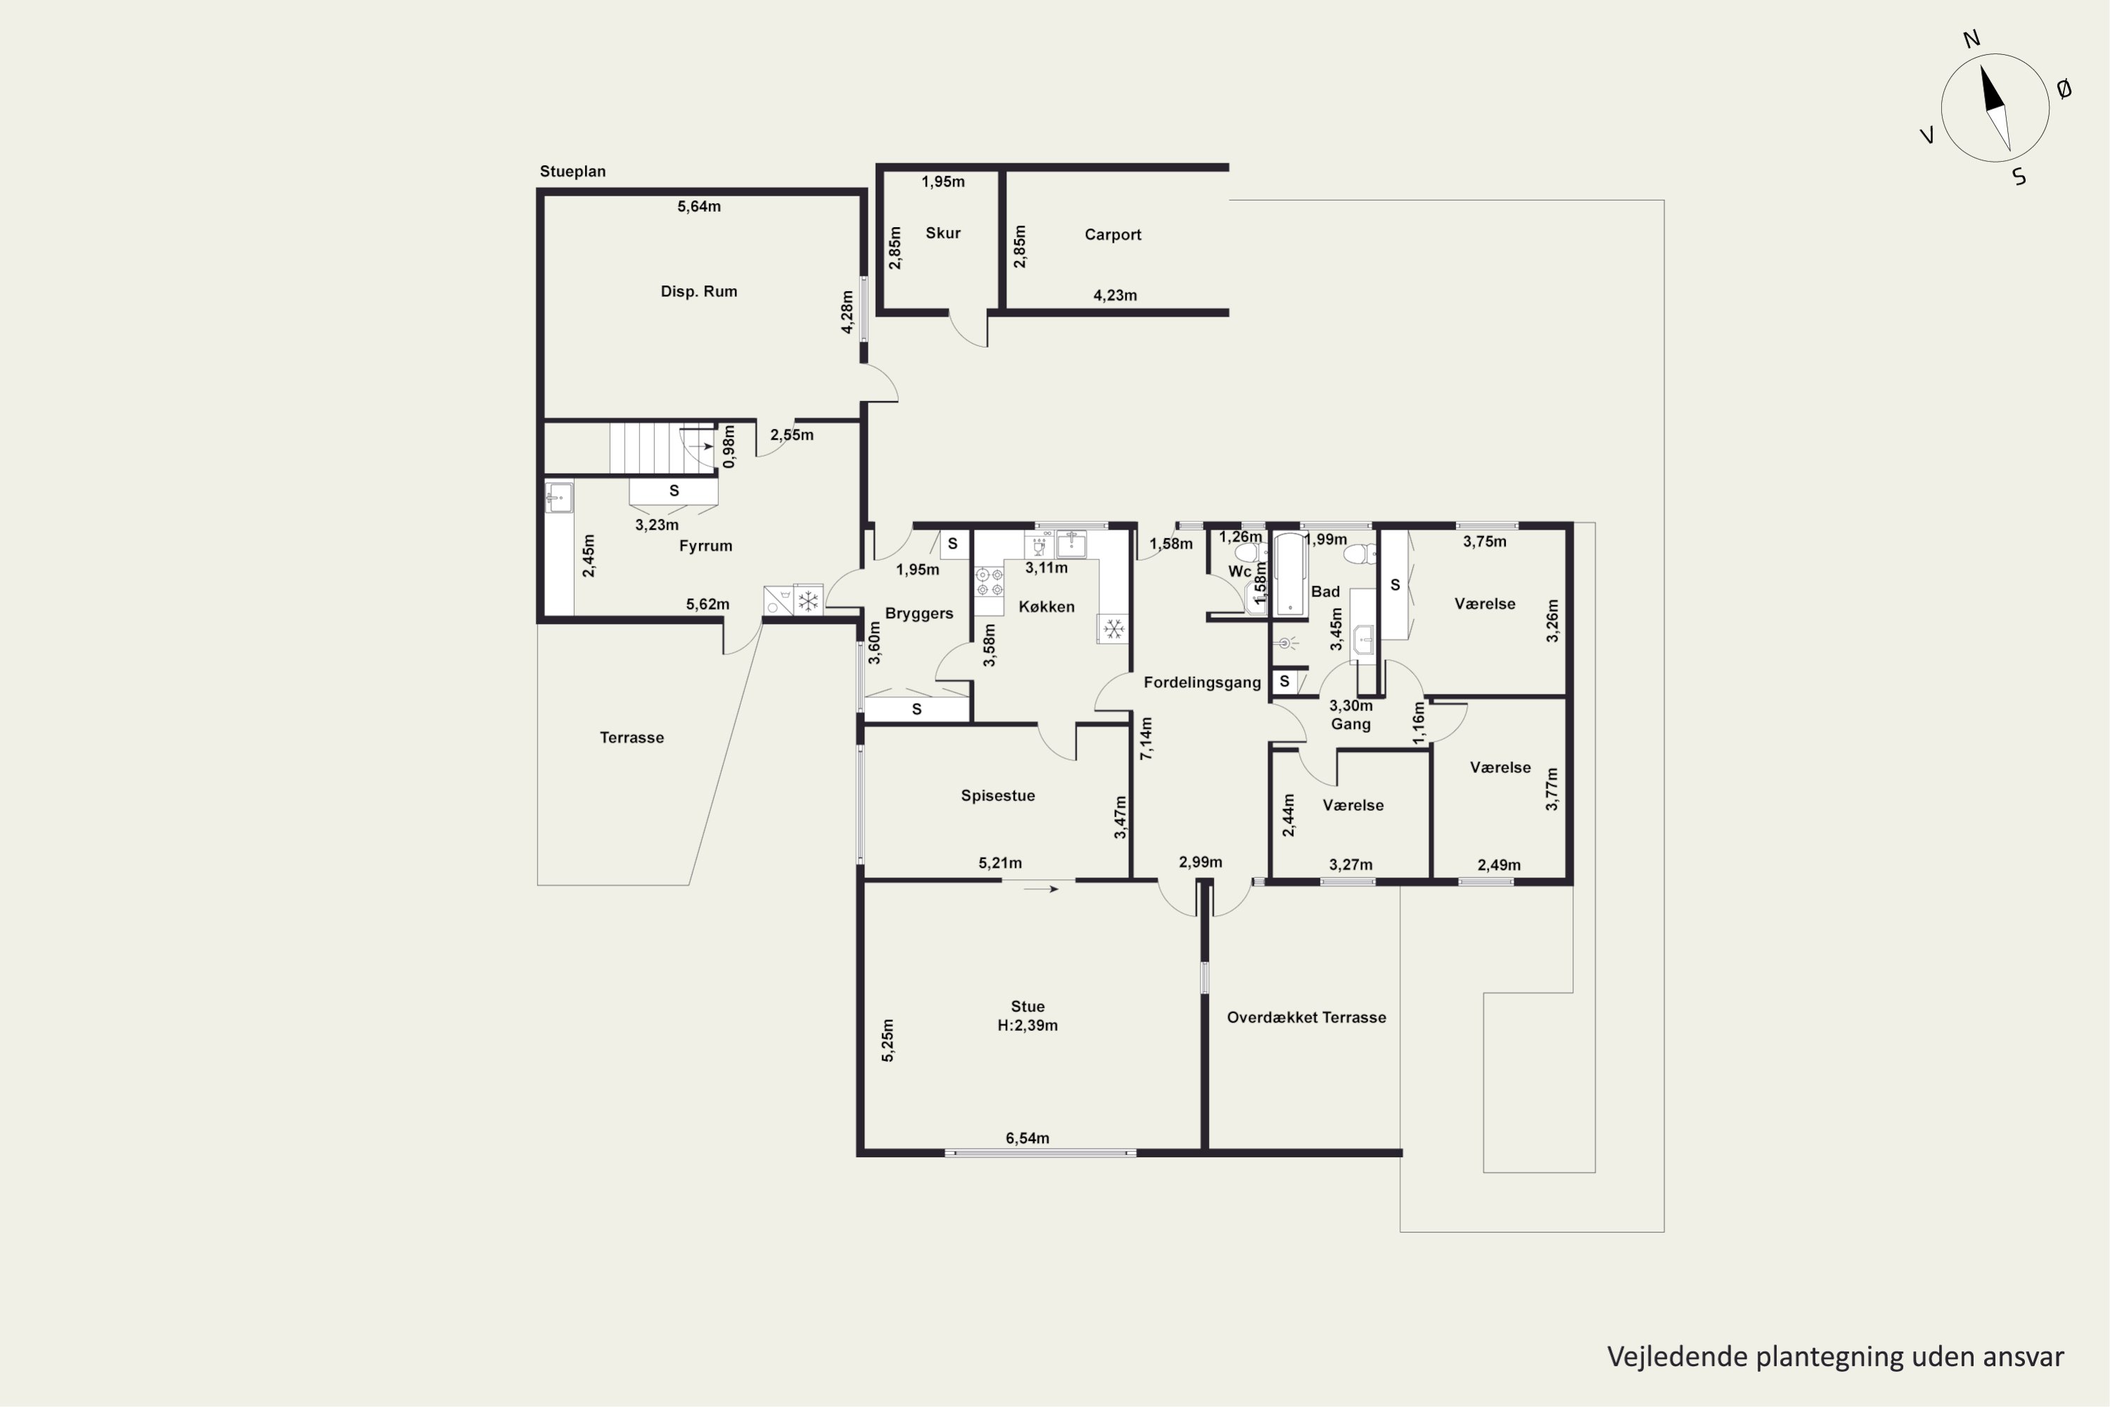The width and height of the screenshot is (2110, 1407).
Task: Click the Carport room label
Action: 1113,235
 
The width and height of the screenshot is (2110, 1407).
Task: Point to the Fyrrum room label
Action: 705,546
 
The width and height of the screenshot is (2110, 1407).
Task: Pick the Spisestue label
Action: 997,796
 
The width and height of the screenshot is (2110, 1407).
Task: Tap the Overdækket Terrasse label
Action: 1306,1017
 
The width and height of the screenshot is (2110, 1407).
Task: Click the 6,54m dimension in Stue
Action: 1027,1138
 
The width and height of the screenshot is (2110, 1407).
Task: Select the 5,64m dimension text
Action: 699,206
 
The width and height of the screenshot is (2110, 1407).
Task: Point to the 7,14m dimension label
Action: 1146,739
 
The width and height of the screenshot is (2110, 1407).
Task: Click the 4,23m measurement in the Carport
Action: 1115,295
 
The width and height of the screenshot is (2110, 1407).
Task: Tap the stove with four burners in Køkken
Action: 989,582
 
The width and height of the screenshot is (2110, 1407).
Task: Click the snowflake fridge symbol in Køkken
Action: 1113,629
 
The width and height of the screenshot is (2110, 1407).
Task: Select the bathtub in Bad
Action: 1289,574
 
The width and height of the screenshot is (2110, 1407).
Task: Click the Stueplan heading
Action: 573,172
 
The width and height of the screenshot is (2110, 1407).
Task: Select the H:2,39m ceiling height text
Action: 1027,1026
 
